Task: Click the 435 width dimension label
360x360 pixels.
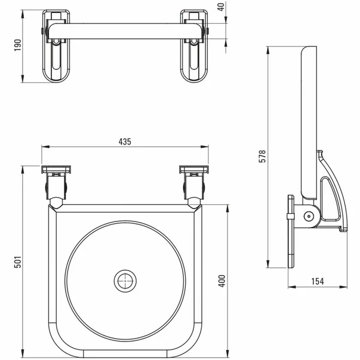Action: [124, 141]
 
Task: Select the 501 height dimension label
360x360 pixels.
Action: [18, 261]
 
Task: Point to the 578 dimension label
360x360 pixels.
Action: [262, 156]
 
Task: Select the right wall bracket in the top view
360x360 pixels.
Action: [195, 45]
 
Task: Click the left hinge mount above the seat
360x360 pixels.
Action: [56, 182]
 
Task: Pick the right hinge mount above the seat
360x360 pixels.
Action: [193, 182]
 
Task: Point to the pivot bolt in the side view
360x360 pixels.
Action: [309, 216]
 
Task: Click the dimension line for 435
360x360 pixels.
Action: [90, 148]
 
